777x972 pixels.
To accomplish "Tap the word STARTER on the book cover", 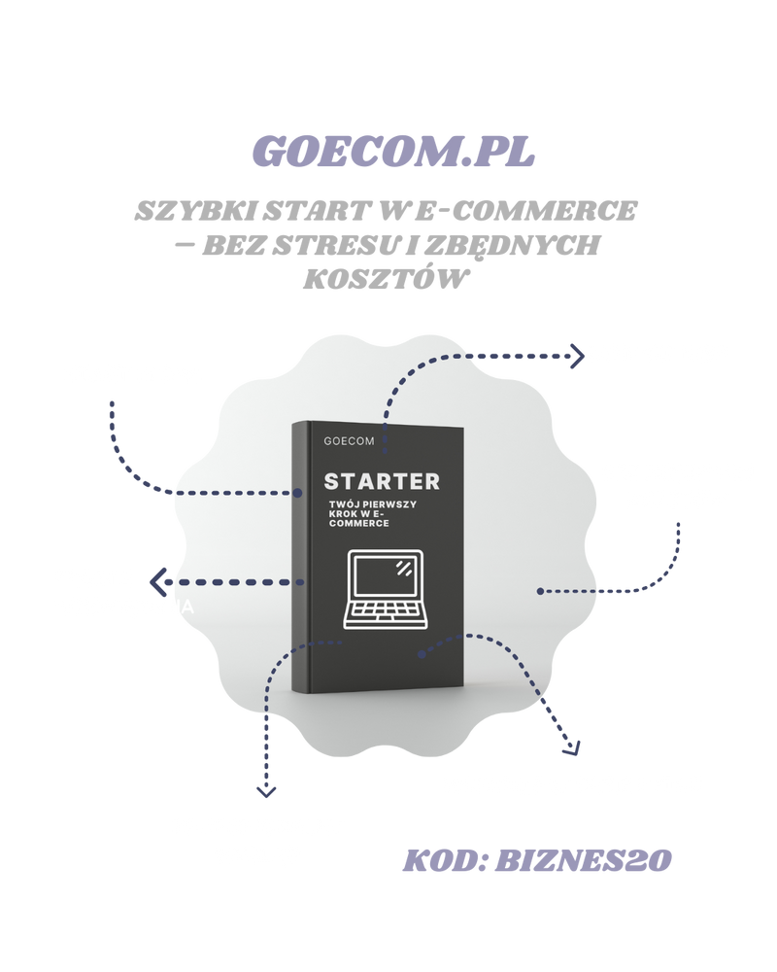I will tap(382, 481).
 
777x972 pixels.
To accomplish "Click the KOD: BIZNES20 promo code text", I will tap(537, 860).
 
